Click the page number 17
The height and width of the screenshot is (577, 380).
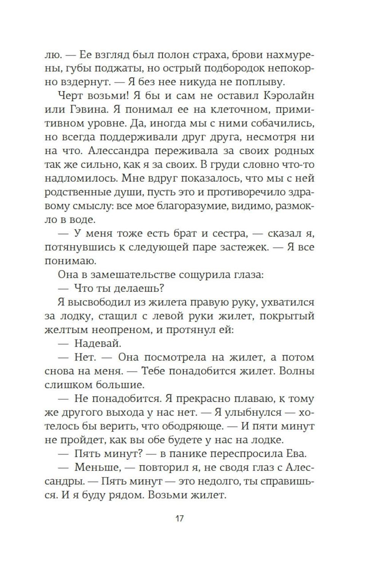click(x=179, y=518)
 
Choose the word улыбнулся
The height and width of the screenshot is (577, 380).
click(x=253, y=412)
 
